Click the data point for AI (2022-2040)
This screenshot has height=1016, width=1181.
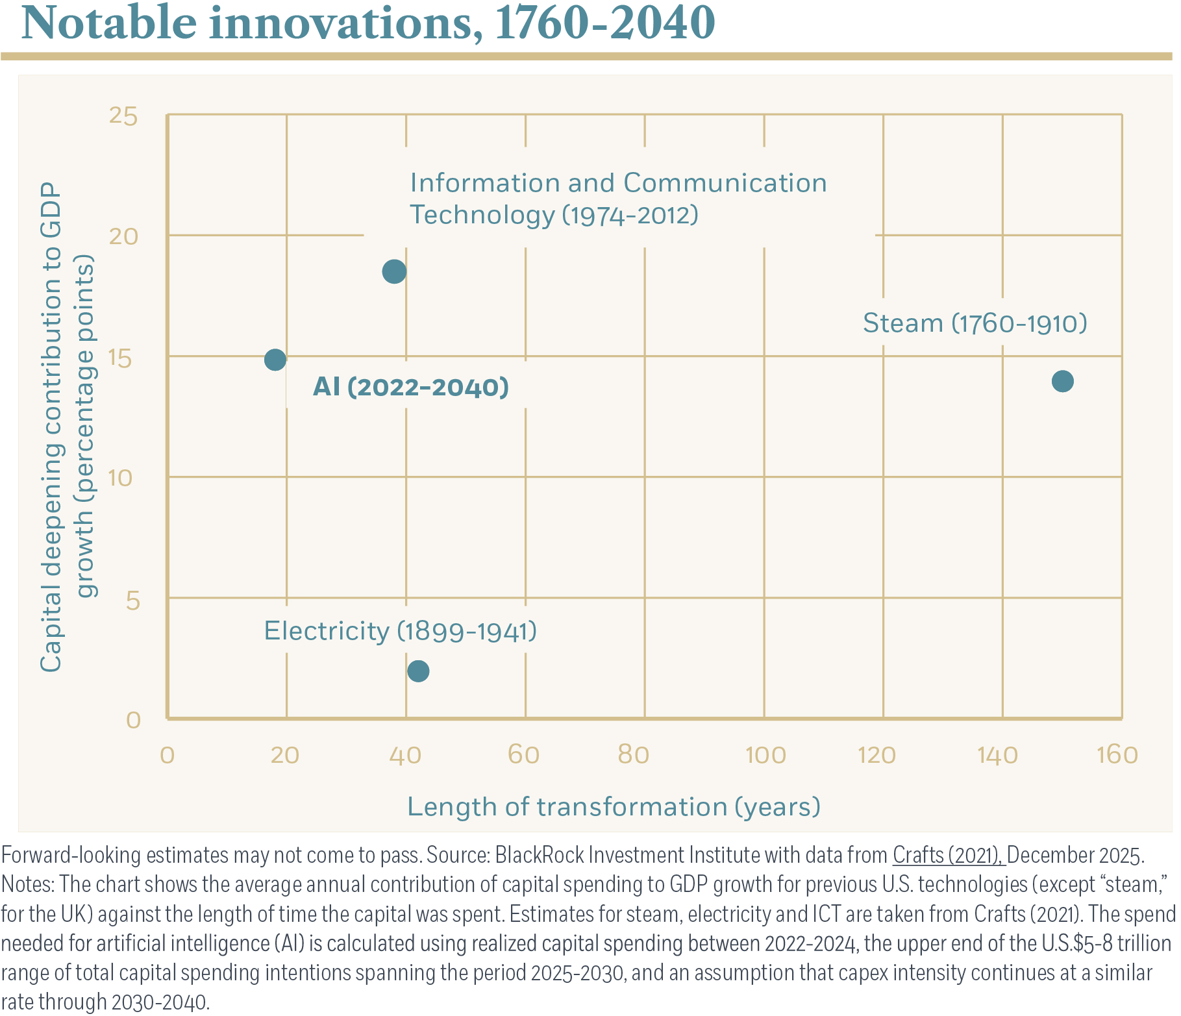[275, 359]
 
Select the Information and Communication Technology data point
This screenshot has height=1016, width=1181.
[394, 271]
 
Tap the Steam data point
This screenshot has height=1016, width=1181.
[1062, 381]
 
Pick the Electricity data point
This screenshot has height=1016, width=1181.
[418, 671]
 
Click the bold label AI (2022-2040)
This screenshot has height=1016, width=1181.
[410, 387]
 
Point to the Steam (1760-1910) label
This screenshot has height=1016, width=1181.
[975, 323]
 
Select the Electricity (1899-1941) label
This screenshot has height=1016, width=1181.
[400, 631]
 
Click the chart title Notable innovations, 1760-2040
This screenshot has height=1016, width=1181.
[368, 23]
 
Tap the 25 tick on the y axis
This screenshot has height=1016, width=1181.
[123, 116]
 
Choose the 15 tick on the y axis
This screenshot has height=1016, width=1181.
[123, 358]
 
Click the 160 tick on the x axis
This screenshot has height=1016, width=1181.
[1117, 755]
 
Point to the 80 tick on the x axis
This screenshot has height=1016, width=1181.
[634, 755]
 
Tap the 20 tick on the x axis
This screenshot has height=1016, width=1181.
[285, 755]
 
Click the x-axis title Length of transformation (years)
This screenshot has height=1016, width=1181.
[614, 807]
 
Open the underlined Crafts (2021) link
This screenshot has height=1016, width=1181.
[948, 856]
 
